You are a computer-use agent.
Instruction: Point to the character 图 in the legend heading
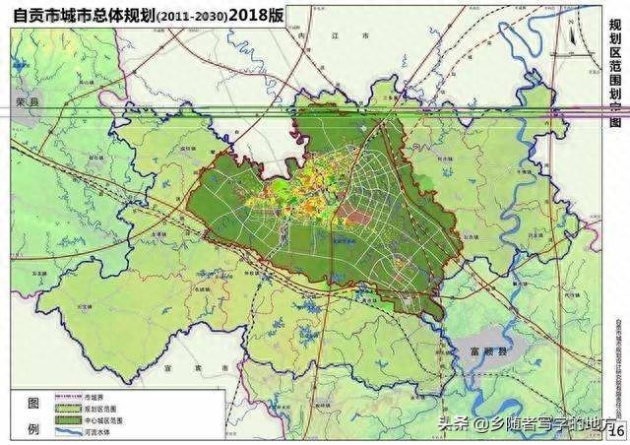[x=32, y=405]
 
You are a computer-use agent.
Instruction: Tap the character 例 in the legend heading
[x=32, y=429]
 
